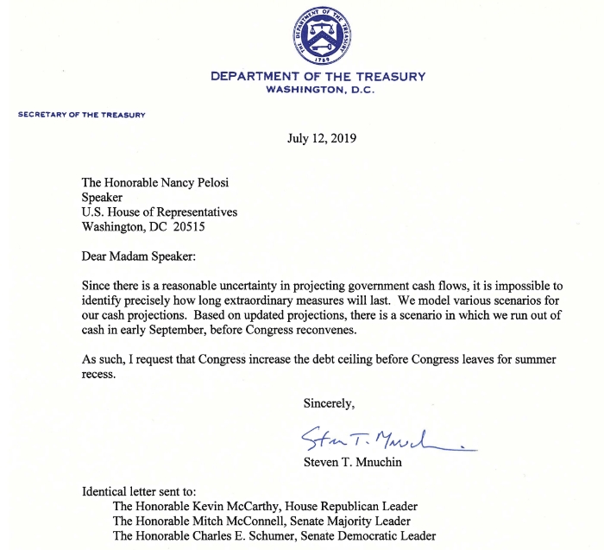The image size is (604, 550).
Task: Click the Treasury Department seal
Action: pos(321,35)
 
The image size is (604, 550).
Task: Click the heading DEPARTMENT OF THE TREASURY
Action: pos(318,76)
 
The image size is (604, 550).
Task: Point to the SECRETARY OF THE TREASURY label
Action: pos(82,115)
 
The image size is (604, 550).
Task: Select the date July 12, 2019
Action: pos(322,138)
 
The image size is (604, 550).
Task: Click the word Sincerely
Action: pos(329,402)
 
